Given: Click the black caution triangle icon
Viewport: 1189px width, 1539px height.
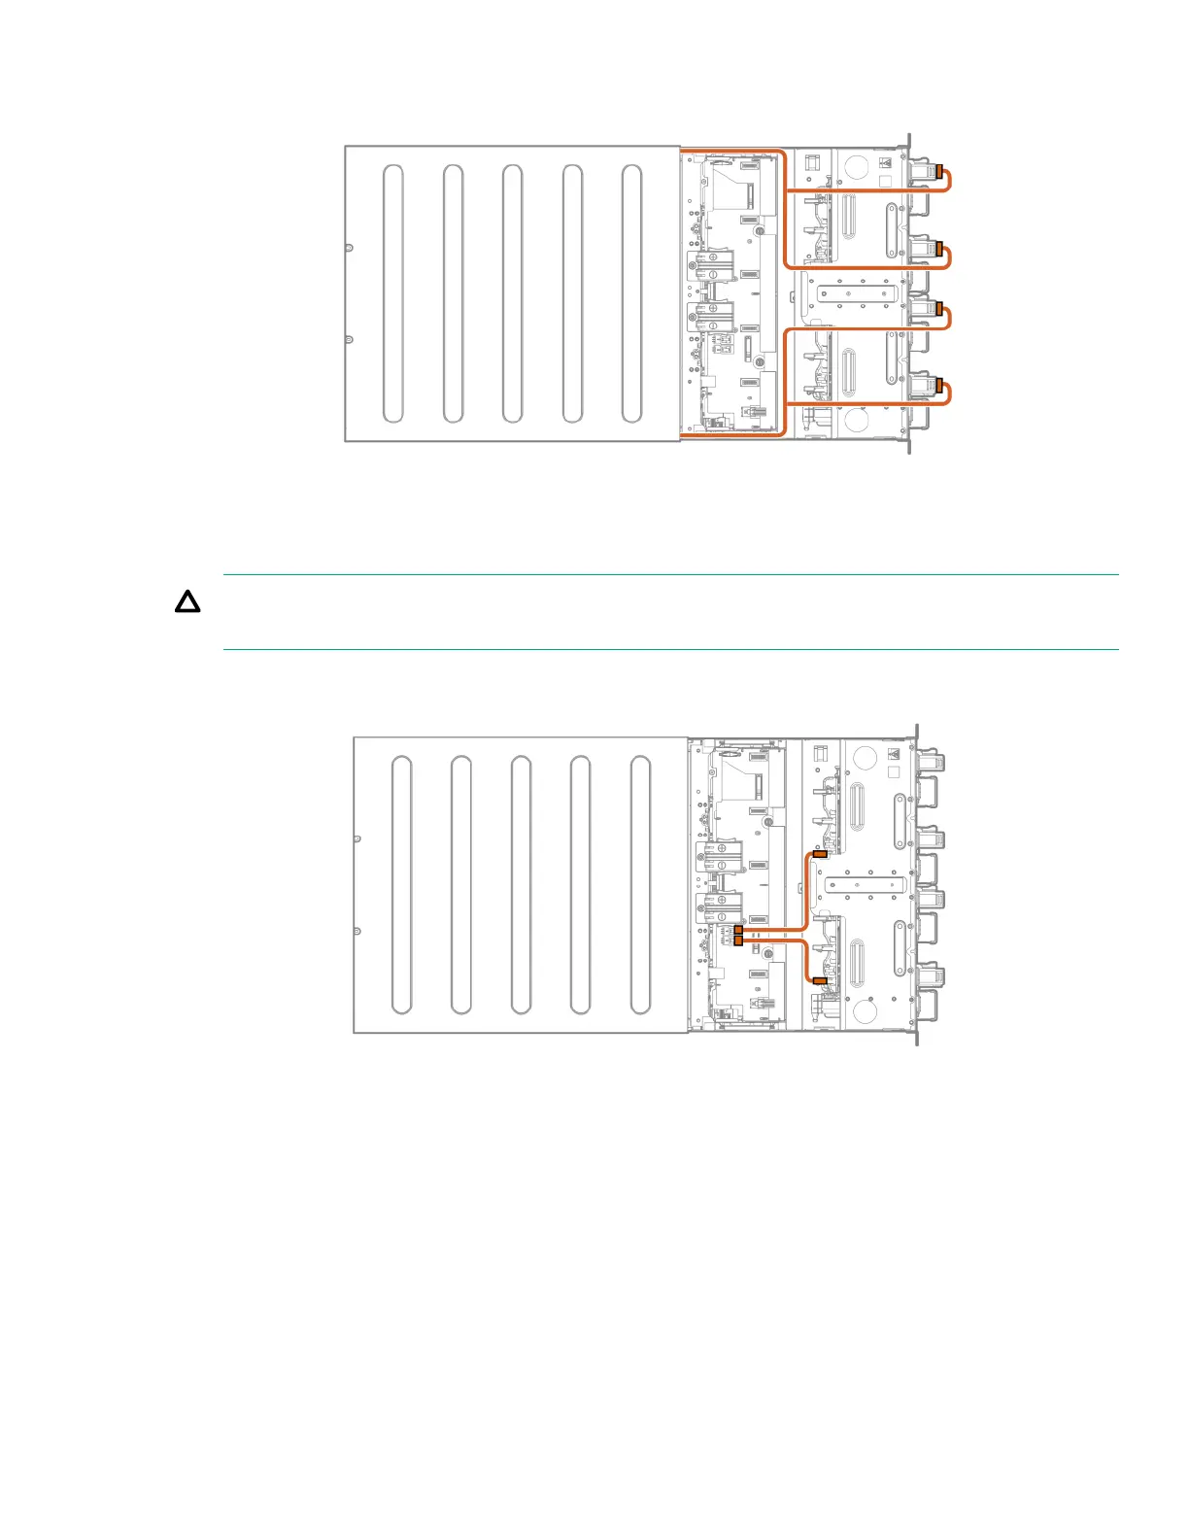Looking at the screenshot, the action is (187, 602).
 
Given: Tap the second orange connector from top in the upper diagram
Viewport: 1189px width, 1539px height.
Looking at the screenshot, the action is (938, 248).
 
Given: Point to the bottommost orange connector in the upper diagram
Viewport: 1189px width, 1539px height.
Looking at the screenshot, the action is (938, 385).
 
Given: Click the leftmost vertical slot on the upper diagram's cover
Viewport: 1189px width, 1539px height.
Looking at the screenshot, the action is (393, 293).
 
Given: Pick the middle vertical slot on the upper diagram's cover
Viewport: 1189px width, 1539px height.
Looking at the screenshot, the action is (513, 293).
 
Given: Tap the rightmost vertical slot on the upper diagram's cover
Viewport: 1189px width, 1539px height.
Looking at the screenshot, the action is (631, 293).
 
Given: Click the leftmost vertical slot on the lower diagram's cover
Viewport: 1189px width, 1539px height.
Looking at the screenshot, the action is (401, 884).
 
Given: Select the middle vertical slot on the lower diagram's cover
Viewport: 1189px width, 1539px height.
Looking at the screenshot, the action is (521, 884).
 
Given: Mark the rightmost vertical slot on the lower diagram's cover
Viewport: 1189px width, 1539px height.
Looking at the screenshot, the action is (640, 884).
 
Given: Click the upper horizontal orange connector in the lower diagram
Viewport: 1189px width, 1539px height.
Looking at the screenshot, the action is (820, 855).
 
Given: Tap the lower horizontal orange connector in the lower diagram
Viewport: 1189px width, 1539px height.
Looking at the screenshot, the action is (820, 981).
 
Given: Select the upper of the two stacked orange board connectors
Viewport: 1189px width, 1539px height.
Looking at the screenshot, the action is (739, 931).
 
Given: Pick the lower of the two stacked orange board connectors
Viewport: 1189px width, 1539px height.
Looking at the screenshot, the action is (739, 940).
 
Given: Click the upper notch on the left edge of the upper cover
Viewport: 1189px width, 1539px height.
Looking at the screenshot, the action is (349, 247).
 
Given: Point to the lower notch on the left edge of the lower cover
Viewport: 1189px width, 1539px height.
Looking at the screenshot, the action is (357, 931).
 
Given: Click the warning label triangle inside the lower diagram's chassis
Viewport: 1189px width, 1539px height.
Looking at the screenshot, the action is (895, 754).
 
